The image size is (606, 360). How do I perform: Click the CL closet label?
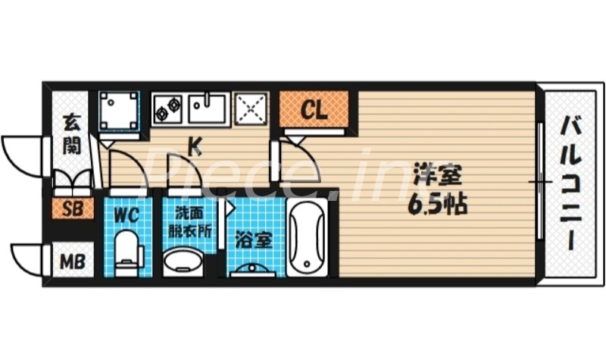click(314, 111)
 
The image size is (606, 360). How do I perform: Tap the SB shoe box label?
click(73, 210)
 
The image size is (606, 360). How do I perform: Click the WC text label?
click(126, 215)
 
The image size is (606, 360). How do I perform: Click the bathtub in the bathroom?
click(307, 238)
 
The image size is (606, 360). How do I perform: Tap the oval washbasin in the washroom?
click(183, 262)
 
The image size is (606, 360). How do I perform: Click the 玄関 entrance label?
click(71, 133)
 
